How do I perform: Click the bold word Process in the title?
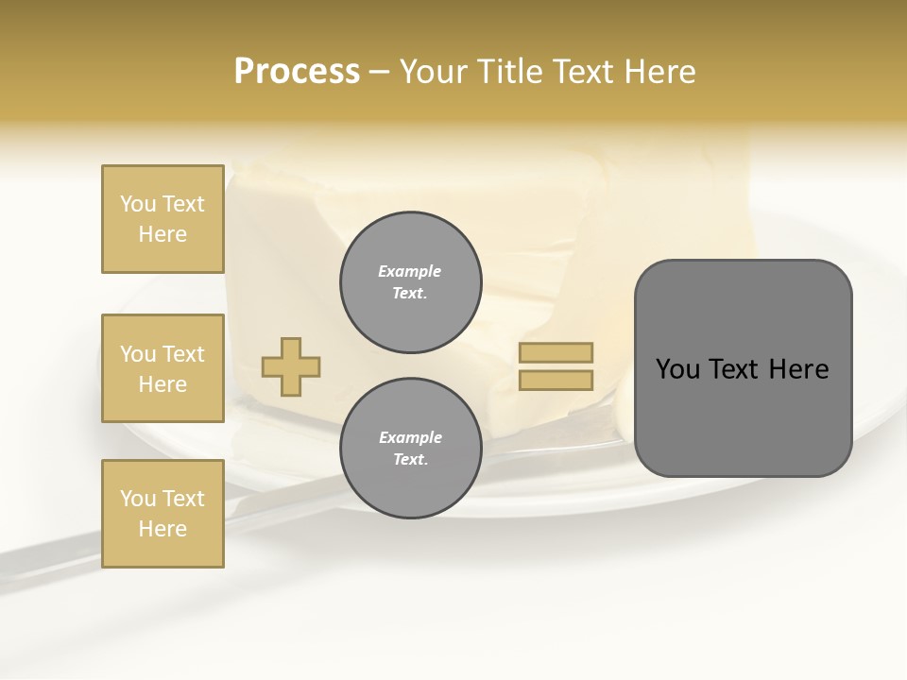[297, 72]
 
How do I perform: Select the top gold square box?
[163, 219]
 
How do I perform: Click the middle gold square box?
[163, 368]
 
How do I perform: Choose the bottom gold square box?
[163, 514]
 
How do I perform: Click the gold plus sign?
[291, 366]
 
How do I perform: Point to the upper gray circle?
[410, 281]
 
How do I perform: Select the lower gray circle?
[410, 448]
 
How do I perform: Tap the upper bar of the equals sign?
[556, 352]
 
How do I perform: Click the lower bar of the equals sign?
[556, 381]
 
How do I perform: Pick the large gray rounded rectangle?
[743, 368]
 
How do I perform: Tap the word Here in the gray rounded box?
[799, 369]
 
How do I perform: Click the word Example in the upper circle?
[410, 271]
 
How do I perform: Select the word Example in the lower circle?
[410, 437]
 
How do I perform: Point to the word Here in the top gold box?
[163, 234]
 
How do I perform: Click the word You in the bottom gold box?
[138, 499]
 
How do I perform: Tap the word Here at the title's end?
[661, 72]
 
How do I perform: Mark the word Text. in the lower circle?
[410, 460]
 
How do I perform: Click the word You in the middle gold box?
[138, 354]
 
